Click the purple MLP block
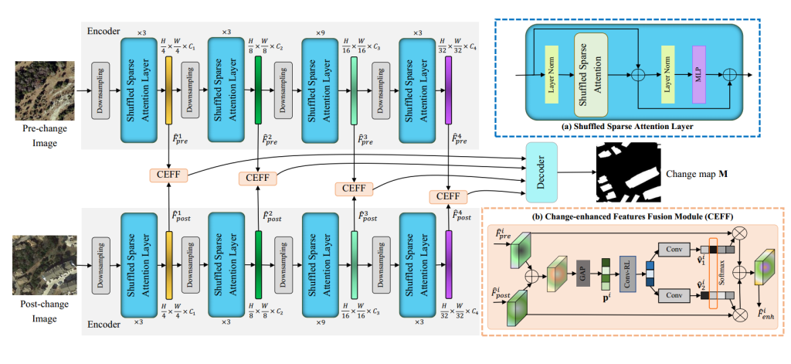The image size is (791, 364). [700, 76]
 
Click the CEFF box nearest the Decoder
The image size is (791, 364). [448, 196]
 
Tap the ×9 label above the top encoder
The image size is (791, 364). [321, 32]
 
